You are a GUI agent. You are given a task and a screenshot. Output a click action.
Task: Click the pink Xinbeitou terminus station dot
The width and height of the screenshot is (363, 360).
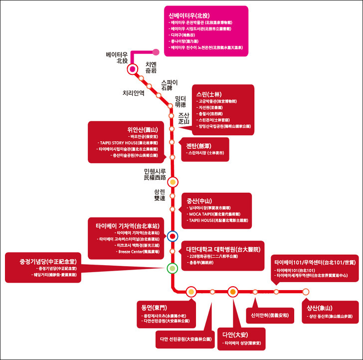point(156,51)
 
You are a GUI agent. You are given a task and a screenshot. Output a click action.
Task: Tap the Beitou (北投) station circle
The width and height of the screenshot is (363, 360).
point(133,69)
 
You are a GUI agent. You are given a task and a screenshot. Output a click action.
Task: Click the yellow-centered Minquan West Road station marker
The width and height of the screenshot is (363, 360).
point(173,182)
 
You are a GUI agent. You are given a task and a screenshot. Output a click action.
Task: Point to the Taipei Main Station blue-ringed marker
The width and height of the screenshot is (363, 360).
point(173,236)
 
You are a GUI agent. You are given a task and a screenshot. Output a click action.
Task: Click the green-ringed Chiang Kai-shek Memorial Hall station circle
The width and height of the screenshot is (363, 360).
point(173,269)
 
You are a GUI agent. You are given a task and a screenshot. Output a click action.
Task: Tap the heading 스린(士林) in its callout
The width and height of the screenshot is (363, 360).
point(209,94)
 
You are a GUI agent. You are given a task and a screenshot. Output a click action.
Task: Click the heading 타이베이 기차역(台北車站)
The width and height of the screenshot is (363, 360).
point(128,225)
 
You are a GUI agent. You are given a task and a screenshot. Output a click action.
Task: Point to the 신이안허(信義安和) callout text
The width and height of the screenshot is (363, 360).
point(267,315)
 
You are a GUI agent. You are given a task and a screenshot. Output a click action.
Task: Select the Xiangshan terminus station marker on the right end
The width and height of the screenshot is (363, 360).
point(306,292)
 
